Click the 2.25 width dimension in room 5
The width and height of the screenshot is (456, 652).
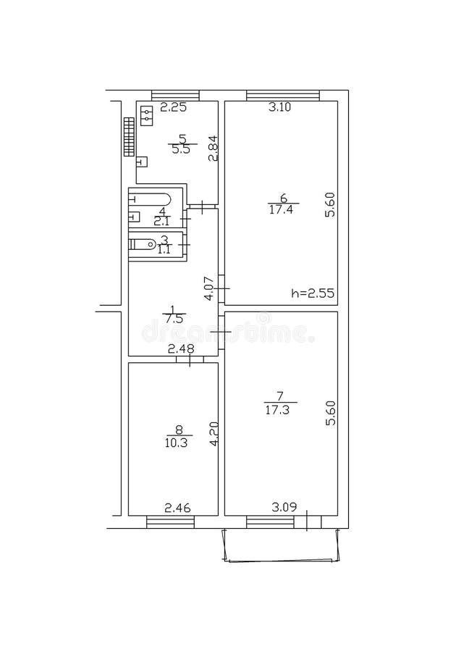(174, 109)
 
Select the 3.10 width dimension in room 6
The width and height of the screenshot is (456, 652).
(280, 109)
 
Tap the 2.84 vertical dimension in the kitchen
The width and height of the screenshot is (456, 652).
(212, 149)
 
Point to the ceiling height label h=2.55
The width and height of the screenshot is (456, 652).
(311, 294)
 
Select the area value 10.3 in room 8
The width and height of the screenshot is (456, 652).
(176, 443)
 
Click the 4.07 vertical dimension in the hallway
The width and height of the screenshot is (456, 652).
(208, 288)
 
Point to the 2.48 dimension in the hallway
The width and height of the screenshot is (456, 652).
(182, 349)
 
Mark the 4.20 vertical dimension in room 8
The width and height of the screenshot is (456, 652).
(213, 434)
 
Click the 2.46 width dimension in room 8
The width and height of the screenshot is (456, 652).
(178, 508)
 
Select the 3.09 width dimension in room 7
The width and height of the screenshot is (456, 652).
(283, 508)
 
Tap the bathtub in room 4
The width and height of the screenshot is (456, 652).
(151, 198)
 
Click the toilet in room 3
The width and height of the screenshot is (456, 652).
(142, 243)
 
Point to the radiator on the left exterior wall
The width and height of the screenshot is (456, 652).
(128, 136)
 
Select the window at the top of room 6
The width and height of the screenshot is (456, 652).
(282, 94)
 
